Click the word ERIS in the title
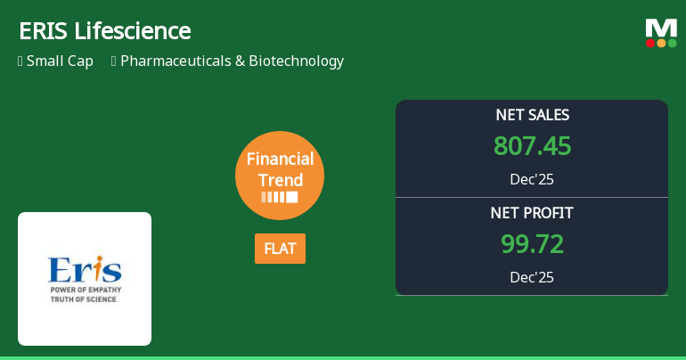[44, 31]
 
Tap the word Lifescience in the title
[133, 31]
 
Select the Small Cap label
[60, 61]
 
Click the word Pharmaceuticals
[176, 61]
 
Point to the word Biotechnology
[296, 61]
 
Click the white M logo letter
[661, 29]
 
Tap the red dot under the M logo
[650, 43]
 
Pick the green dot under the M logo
[673, 43]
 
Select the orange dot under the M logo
[661, 43]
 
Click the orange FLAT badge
[280, 249]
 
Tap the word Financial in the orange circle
[280, 159]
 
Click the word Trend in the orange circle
[281, 180]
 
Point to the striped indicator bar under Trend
[280, 197]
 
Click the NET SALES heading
[532, 115]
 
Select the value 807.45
[532, 145]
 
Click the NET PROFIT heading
[532, 213]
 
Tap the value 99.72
[532, 243]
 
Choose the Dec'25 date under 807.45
[532, 179]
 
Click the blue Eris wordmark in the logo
[85, 269]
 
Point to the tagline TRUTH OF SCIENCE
[83, 299]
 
